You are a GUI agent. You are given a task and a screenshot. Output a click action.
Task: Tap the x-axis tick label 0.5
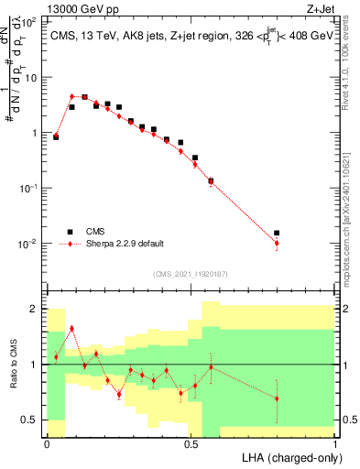click(x=191, y=443)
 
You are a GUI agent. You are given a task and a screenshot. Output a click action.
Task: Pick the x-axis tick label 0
click(x=48, y=443)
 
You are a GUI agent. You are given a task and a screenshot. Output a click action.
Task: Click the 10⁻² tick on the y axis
click(x=30, y=244)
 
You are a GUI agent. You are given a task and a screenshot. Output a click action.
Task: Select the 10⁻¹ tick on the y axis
click(x=30, y=188)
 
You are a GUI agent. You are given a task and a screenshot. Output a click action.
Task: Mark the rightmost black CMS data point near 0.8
click(x=277, y=234)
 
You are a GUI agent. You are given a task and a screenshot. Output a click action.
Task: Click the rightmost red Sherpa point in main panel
click(x=277, y=243)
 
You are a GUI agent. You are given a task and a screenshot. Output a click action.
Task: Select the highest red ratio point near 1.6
click(x=71, y=328)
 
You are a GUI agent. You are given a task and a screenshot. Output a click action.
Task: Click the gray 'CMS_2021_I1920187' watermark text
click(x=191, y=274)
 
